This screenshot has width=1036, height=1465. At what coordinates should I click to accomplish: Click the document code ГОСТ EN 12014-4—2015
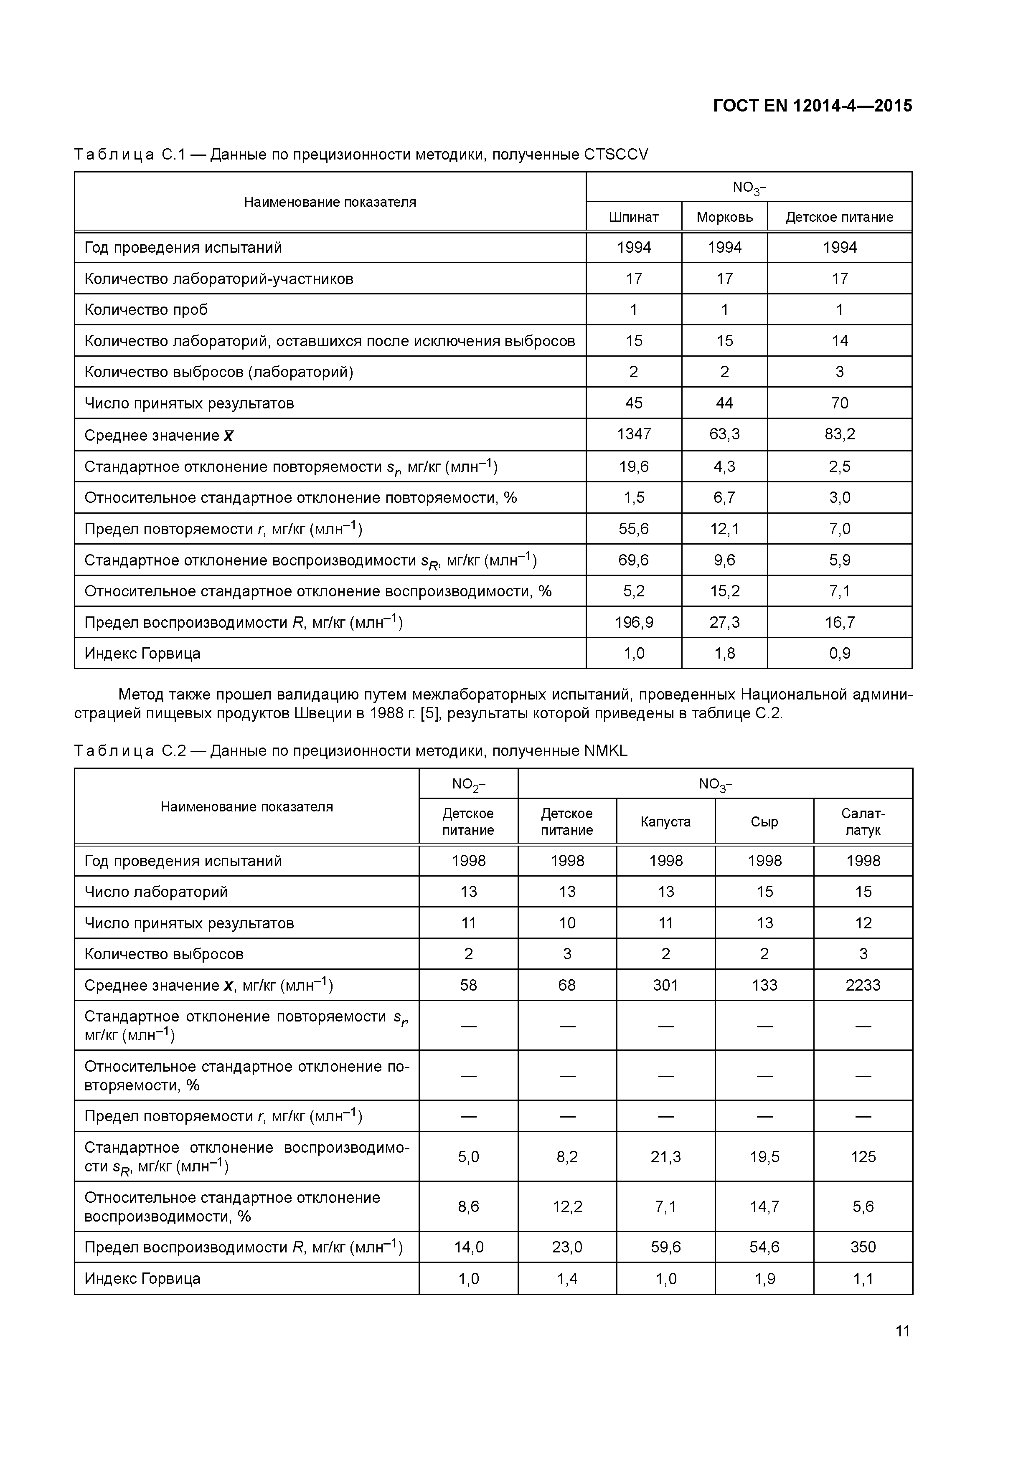coord(812,106)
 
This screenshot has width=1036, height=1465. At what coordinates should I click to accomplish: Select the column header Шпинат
coord(633,217)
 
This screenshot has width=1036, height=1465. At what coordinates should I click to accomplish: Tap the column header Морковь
coord(724,217)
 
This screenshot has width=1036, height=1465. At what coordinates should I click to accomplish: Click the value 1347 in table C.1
coord(633,434)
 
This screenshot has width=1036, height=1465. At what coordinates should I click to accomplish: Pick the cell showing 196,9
coord(633,622)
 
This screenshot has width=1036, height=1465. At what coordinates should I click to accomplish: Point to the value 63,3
coord(724,434)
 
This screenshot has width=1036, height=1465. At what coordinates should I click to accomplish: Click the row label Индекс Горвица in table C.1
coord(142,654)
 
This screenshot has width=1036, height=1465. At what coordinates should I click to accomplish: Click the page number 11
coord(902,1331)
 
